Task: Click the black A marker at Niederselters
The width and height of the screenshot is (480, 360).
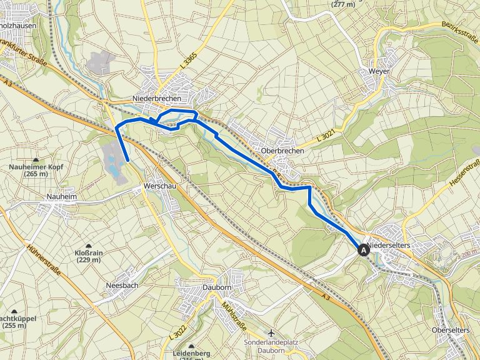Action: [x=363, y=250]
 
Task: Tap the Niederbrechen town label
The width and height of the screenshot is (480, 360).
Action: [x=157, y=99]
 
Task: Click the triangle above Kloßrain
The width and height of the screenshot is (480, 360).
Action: [x=88, y=245]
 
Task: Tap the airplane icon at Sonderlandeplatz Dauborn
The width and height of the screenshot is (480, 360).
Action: [x=271, y=332]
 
